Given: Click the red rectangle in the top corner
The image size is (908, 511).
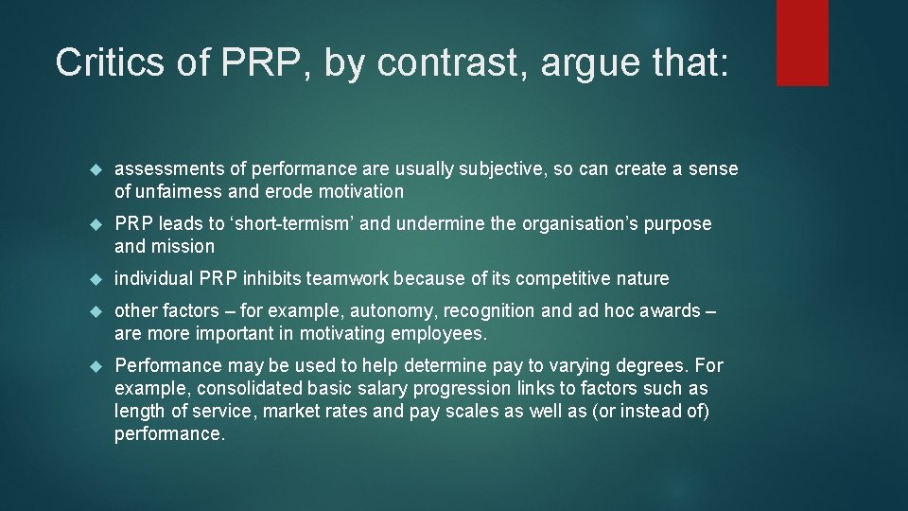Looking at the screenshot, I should [x=802, y=43].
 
